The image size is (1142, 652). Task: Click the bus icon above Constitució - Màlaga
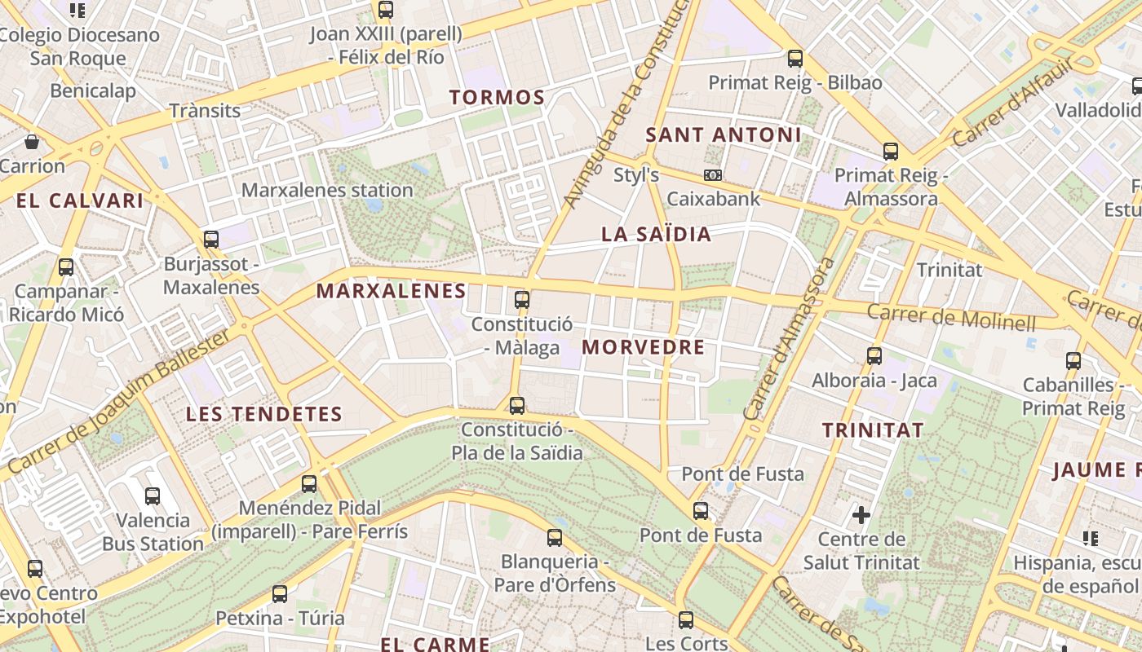(522, 299)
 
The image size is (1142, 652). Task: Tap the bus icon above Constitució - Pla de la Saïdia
(516, 405)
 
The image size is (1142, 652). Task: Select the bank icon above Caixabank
(713, 175)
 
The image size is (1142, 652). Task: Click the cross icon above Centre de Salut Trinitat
(861, 514)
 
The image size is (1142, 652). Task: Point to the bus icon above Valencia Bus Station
(153, 496)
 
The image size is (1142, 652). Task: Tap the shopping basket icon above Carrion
(32, 142)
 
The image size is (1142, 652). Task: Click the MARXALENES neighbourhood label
(391, 291)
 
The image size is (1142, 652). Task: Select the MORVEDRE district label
(643, 347)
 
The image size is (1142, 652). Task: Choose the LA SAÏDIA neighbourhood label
(656, 235)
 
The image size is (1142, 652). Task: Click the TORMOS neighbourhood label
(497, 98)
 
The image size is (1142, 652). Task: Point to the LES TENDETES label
(264, 414)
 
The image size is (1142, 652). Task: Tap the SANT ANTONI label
(724, 135)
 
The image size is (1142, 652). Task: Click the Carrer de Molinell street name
(951, 316)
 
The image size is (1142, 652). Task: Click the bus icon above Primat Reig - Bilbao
(795, 59)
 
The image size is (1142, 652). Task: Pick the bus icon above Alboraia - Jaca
(874, 355)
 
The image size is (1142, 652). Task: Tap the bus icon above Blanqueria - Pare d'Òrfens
(555, 537)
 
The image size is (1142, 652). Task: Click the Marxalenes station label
(328, 191)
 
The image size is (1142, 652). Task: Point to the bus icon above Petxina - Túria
(280, 593)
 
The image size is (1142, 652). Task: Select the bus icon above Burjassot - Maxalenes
(211, 239)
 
